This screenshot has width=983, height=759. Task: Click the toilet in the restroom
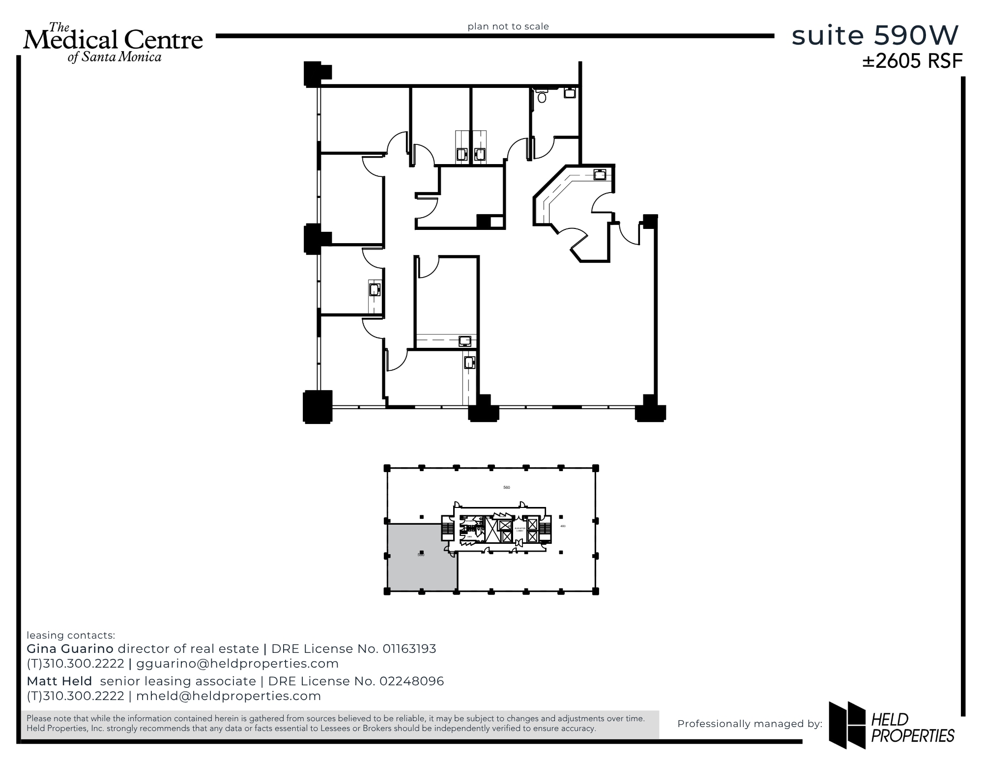542,97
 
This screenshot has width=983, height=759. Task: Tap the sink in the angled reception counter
600,174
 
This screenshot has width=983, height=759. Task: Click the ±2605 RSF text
912,61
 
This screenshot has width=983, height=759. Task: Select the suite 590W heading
875,35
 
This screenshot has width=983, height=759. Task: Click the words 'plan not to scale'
508,27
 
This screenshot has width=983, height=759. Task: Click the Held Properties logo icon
847,724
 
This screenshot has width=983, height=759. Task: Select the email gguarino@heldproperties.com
237,664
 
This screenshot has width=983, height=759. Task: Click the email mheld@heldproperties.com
229,696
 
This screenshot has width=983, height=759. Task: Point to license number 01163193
409,649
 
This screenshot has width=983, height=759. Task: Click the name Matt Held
59,681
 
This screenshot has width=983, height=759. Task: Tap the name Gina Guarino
70,649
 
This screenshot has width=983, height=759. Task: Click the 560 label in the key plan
506,487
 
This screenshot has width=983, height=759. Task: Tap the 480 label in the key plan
563,526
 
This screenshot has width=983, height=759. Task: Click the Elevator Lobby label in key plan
520,530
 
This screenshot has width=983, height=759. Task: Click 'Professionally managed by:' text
750,724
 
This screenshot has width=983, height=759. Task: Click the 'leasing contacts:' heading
71,635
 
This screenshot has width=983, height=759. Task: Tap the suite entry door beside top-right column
630,234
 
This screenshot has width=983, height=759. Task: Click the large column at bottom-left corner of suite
318,406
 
